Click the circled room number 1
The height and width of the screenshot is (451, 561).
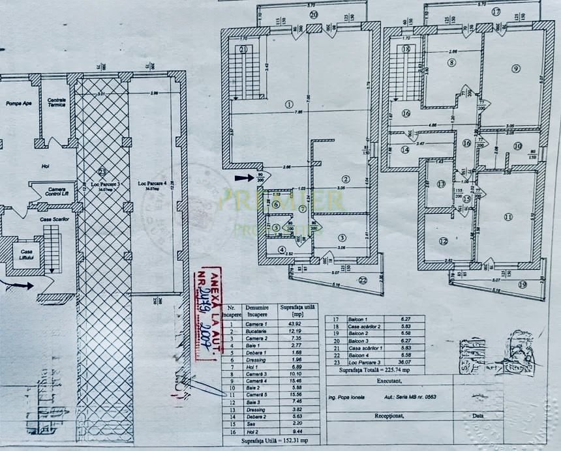click(289, 104)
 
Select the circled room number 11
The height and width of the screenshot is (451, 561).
click(508, 217)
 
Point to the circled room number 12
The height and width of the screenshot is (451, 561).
click(444, 241)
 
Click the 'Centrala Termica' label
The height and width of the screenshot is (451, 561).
click(56, 102)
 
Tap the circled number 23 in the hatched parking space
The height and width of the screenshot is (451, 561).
click(102, 172)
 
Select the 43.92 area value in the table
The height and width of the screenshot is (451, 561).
click(287, 324)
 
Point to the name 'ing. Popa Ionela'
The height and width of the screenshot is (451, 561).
click(347, 396)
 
